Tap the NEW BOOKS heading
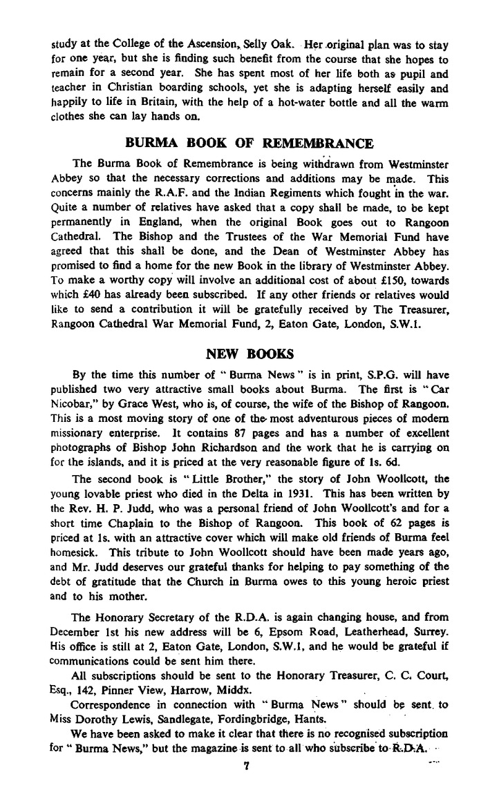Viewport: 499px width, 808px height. tap(249, 354)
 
